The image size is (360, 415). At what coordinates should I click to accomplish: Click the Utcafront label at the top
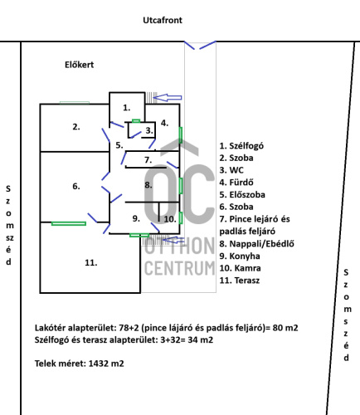(x=163, y=20)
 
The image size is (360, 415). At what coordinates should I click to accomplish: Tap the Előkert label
(x=80, y=65)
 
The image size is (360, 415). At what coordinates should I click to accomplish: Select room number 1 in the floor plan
(x=127, y=107)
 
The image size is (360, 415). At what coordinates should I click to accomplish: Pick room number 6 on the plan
(x=76, y=186)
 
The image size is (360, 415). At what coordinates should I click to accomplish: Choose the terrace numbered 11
(x=91, y=262)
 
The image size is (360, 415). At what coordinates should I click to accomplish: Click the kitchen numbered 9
(x=136, y=218)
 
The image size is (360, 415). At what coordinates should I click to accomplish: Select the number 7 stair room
(x=148, y=160)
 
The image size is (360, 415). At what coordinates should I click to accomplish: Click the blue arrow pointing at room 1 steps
(x=168, y=97)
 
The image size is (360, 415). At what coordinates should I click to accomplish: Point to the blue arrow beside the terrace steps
(x=173, y=240)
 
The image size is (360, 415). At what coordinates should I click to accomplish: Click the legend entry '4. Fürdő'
(x=236, y=183)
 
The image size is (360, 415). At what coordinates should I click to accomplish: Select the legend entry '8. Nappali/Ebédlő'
(x=257, y=244)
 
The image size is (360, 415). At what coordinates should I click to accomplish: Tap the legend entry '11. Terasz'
(x=240, y=281)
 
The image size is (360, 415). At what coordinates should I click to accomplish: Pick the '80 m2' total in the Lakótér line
(x=285, y=328)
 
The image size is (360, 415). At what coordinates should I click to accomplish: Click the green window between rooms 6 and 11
(x=69, y=223)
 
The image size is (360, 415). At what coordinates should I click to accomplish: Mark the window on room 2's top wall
(x=75, y=103)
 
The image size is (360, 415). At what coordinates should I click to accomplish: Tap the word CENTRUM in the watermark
(x=179, y=268)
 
